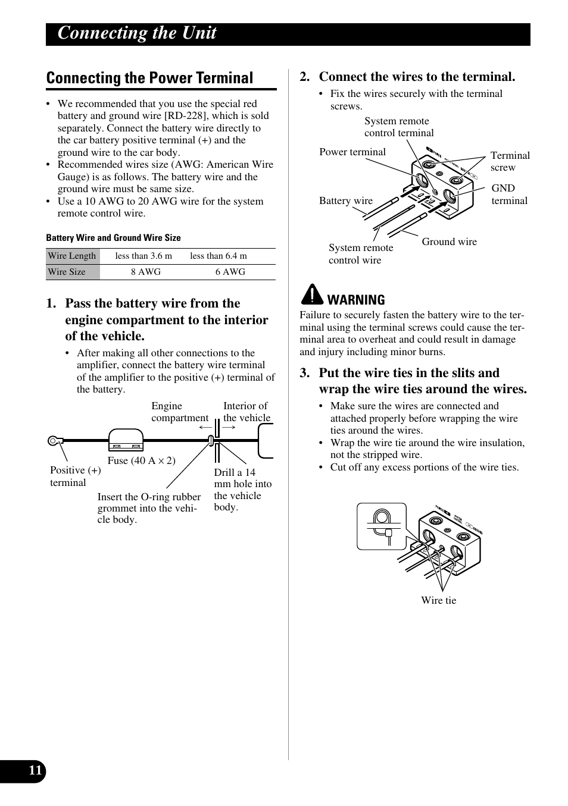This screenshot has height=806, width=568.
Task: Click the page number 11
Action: coord(35,771)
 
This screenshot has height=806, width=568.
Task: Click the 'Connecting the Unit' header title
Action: coord(137,33)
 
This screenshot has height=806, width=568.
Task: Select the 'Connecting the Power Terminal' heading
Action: coord(149,78)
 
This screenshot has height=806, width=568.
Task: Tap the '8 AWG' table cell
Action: coord(146,272)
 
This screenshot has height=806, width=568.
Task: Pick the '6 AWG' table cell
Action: coord(230,272)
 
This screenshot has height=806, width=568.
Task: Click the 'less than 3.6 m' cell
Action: coord(143,256)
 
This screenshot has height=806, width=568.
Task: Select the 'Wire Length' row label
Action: coord(72,256)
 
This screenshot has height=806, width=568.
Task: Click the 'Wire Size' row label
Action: coord(67,272)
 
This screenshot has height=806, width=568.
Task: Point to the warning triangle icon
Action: coord(311,294)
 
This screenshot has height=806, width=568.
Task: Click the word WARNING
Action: coord(356,300)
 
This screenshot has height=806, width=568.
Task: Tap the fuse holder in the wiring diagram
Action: coord(126,441)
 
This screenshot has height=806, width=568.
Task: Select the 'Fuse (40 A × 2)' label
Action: coord(141,460)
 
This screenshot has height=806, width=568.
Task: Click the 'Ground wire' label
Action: coord(449,242)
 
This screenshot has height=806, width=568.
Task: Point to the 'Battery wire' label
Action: coord(345,200)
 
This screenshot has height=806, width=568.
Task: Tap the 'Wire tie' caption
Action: coord(438,600)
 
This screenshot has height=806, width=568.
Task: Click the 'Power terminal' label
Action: coord(352,152)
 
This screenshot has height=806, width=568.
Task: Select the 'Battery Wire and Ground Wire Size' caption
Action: coord(113,237)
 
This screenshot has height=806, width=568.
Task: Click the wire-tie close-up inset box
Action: coord(381,526)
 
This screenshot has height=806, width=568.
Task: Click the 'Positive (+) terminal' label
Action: coord(75,476)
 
